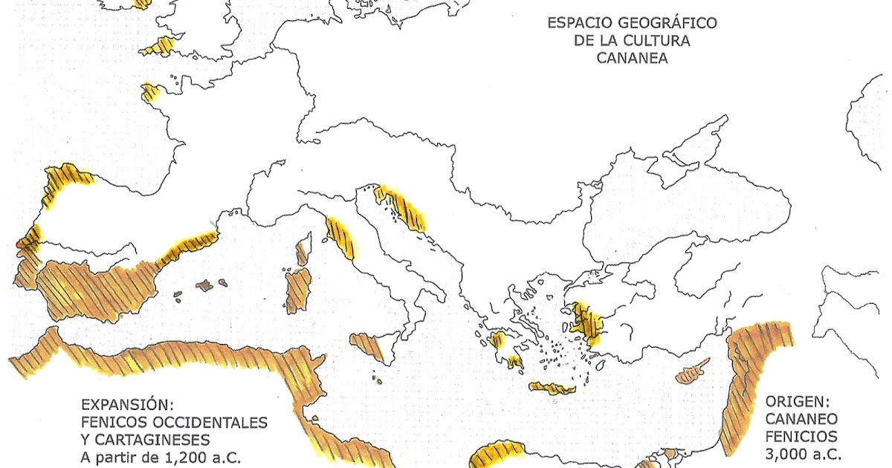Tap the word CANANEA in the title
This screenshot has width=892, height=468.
tap(632, 58)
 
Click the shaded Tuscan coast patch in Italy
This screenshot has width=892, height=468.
tap(340, 238)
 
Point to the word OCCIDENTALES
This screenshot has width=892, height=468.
tap(200, 422)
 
